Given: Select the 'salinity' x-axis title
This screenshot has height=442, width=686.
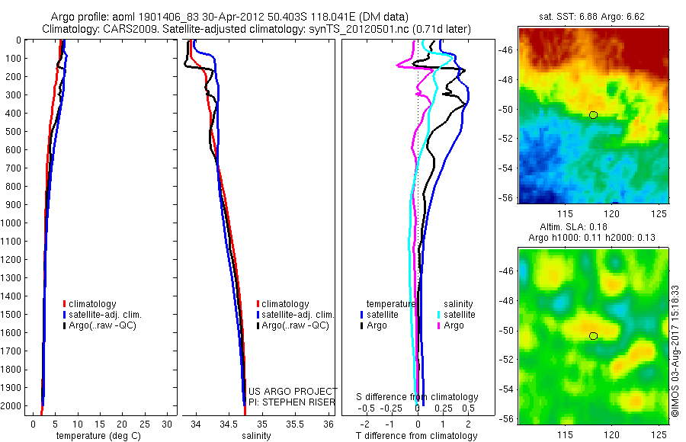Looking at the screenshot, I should (x=256, y=435).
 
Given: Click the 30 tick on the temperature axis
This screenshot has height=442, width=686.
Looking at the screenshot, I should (x=168, y=423).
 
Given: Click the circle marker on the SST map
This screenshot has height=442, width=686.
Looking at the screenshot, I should (x=593, y=115).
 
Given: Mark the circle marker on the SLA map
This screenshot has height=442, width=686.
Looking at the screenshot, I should (x=593, y=336).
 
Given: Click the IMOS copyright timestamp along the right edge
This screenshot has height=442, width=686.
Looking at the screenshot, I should (x=675, y=351).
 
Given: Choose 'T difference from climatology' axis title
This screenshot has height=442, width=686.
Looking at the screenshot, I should (x=417, y=435).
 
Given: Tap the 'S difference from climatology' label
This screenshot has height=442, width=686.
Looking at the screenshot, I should (x=417, y=397).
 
